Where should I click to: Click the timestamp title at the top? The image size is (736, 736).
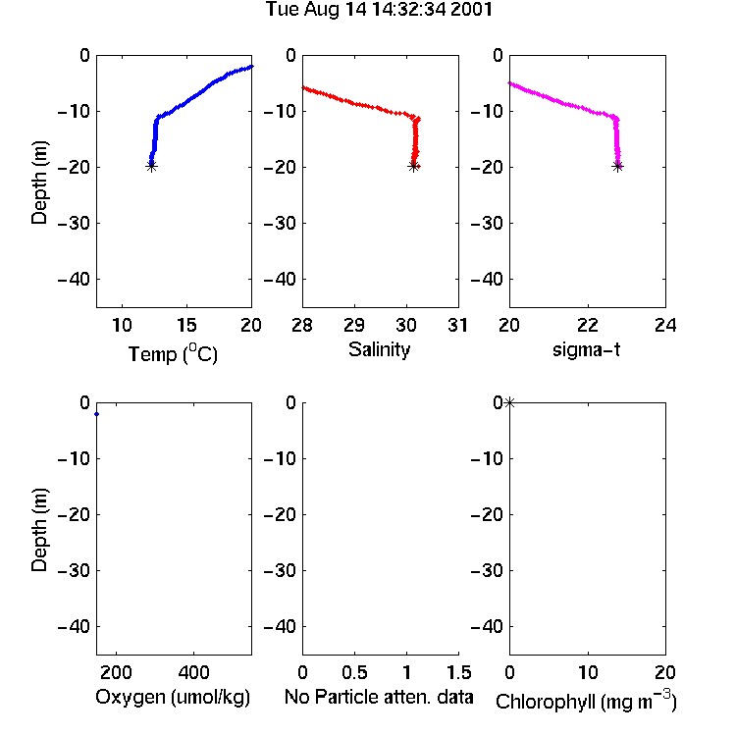pos(379,10)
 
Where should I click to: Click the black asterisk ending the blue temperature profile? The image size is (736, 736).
pos(151,166)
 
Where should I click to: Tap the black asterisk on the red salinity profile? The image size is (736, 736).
pos(413,166)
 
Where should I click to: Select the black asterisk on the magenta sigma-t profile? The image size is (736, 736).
pos(617,166)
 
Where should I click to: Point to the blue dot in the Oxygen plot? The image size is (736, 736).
pos(97,414)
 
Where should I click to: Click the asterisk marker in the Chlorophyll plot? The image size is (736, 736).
pos(509,402)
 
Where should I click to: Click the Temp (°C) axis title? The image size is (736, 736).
pos(173,353)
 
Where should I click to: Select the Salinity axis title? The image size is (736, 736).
pos(379,349)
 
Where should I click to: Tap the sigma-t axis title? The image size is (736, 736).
pos(586,349)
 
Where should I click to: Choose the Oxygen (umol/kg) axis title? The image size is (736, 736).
pos(173,697)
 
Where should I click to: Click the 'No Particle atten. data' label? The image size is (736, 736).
pos(379,697)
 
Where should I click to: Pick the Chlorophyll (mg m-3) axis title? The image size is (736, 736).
pos(586,701)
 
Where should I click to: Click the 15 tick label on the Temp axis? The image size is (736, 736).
pos(186,325)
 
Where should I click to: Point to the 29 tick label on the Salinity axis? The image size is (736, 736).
pos(354,325)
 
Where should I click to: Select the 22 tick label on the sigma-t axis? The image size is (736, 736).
pos(588,325)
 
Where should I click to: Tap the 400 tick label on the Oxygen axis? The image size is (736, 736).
pos(194,672)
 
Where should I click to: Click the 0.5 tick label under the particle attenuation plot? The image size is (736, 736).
pos(354,672)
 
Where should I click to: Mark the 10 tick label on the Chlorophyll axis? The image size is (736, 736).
pos(588,672)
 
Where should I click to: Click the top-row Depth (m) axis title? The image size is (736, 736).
pos(39,183)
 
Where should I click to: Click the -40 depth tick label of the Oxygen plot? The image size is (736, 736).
pos(74,626)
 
